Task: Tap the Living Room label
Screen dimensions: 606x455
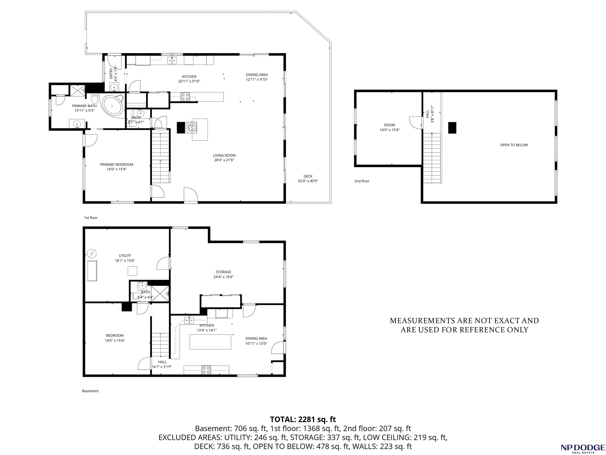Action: coord(224,155)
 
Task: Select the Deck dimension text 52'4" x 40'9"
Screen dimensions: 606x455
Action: coord(308,181)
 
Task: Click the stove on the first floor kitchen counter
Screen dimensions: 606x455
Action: coord(185,97)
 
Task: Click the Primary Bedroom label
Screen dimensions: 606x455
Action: coord(116,165)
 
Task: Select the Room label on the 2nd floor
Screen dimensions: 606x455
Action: coord(390,125)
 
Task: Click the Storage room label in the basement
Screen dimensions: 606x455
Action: coord(224,272)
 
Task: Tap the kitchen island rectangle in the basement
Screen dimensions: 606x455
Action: coord(210,342)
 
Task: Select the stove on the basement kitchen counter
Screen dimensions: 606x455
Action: coord(206,370)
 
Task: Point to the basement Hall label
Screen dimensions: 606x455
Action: coord(162,362)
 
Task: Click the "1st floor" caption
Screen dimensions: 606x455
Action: coord(91,218)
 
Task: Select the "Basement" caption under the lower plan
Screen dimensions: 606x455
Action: coord(90,391)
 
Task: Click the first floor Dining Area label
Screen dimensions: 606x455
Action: coord(257,75)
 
